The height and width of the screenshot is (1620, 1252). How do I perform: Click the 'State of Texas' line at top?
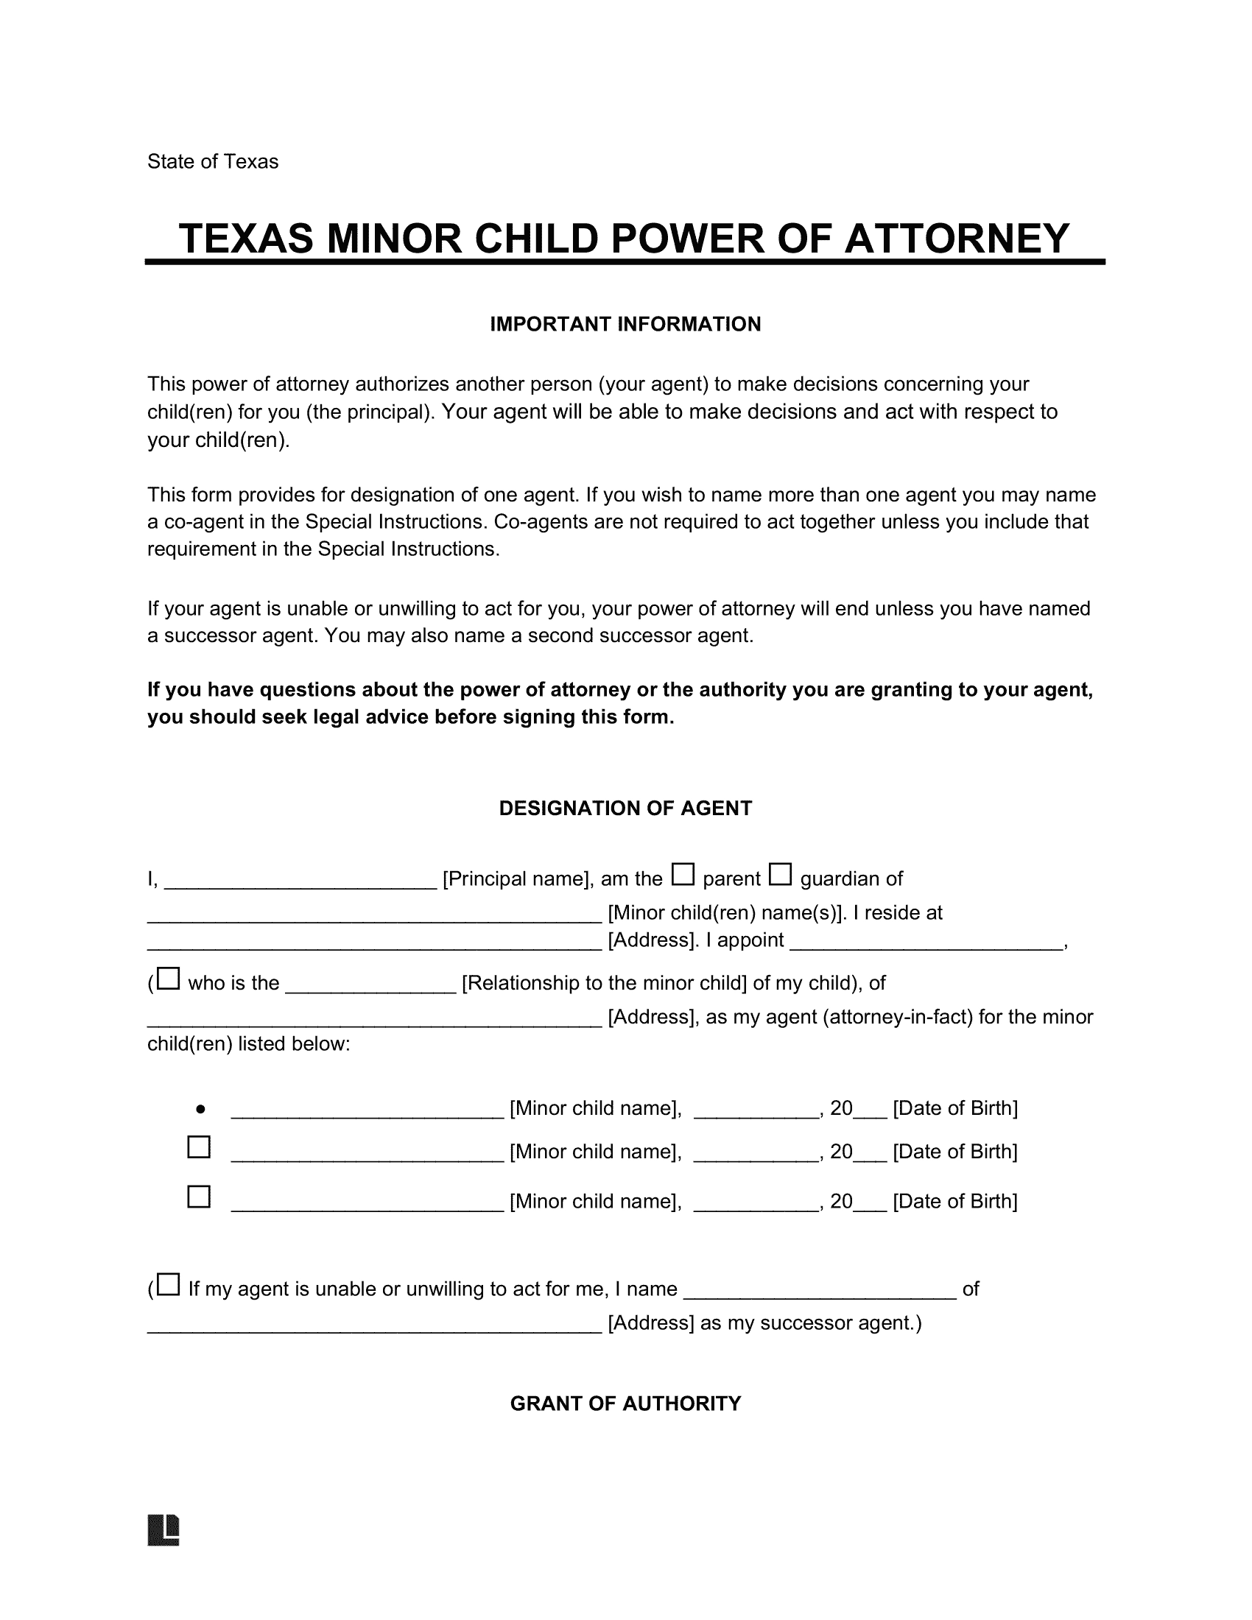(212, 162)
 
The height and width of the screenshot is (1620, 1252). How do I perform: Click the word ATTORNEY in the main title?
(956, 239)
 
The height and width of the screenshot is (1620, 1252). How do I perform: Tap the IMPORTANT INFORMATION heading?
(625, 324)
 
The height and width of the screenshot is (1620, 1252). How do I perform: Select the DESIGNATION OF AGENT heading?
(625, 809)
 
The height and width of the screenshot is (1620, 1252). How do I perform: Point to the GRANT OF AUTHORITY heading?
(625, 1404)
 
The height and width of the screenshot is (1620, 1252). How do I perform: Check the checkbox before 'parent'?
(683, 875)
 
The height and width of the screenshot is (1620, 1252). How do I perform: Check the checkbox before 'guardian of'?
(779, 875)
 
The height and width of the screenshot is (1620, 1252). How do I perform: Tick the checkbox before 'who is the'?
(169, 979)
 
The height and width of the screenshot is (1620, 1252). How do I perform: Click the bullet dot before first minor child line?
(200, 1110)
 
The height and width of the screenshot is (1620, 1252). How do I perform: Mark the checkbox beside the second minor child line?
(199, 1147)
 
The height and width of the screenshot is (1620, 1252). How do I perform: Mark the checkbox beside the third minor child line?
(199, 1197)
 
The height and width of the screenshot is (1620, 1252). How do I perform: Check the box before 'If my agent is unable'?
(169, 1285)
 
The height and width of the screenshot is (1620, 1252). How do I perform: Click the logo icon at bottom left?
(164, 1529)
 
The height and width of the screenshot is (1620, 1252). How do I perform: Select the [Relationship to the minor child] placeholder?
(604, 984)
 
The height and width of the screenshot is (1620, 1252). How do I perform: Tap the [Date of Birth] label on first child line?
(954, 1109)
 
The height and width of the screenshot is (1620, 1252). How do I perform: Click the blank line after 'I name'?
(819, 1292)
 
